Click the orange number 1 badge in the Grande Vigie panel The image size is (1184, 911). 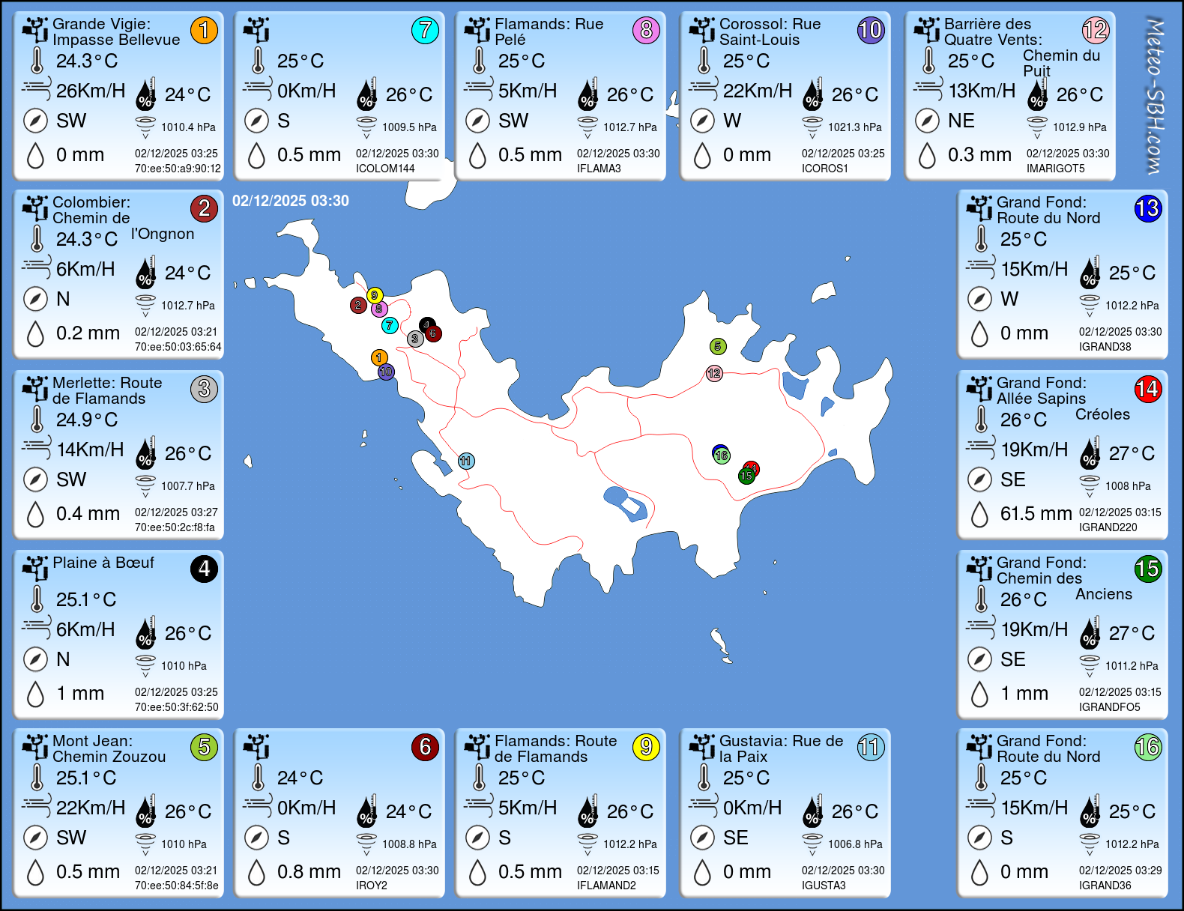[x=204, y=30]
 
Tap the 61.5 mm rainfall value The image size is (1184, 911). [x=1036, y=513]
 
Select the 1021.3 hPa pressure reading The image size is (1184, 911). [x=854, y=127]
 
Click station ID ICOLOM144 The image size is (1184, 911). [x=385, y=169]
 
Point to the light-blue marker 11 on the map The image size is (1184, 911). [x=466, y=461]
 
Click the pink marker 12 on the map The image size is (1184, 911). [x=714, y=373]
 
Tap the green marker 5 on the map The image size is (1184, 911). [x=718, y=346]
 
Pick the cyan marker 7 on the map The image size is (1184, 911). [x=390, y=325]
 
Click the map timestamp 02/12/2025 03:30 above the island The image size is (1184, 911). [x=291, y=201]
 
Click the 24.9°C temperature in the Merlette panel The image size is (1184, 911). [x=87, y=420]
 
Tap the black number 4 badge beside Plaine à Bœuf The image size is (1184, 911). [x=204, y=569]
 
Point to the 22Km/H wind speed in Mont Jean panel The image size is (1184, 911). [x=91, y=808]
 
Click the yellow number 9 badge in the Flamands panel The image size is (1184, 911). [x=646, y=747]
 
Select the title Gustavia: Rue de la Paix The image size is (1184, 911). [x=781, y=748]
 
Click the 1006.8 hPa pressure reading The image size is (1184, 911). [x=854, y=844]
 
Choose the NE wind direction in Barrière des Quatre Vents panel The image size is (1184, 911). [x=961, y=121]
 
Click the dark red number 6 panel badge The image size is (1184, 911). [x=425, y=747]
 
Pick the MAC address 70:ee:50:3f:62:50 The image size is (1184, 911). [x=177, y=707]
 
